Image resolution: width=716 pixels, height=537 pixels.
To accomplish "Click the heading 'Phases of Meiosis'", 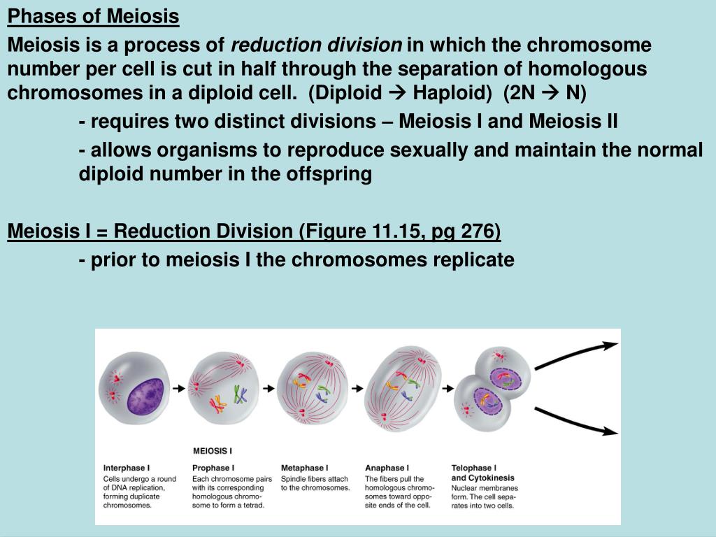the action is [93, 17].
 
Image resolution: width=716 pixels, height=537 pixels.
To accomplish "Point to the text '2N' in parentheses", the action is [520, 93].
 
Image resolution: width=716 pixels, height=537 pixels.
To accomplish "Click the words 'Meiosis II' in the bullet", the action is [573, 121].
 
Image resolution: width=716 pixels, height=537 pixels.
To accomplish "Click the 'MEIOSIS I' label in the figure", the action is [213, 451].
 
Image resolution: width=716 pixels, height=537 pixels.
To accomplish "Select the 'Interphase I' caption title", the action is [127, 468].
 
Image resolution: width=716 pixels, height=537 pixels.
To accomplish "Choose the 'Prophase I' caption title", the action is [213, 468].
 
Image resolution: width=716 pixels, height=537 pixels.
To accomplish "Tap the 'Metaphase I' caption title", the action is [305, 468].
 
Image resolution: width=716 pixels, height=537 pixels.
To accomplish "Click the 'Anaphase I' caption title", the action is [387, 468].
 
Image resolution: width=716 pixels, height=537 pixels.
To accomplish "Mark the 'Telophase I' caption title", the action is [473, 468].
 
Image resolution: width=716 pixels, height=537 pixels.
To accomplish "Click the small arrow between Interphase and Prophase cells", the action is [178, 389].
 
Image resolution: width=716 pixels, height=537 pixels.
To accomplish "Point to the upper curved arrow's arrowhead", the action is [610, 345].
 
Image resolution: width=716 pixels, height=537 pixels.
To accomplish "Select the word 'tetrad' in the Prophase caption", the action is [254, 505].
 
